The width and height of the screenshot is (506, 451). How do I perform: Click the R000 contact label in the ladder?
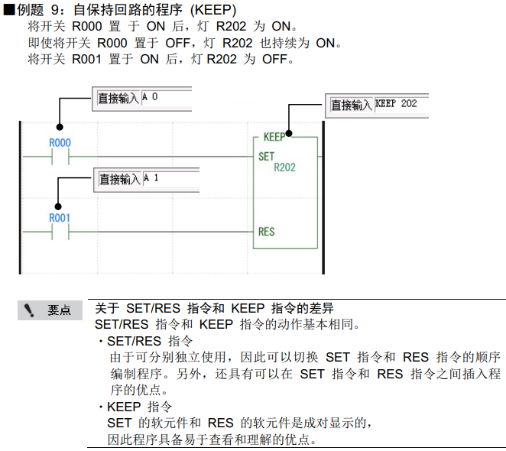coord(60,143)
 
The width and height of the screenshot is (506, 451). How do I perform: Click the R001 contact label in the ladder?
coord(60,218)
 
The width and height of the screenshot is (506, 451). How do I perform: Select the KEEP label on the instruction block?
coord(274,138)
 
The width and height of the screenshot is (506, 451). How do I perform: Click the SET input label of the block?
coord(266,156)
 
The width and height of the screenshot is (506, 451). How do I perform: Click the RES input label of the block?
coord(266,231)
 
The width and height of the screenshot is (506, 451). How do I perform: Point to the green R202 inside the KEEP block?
coord(284,167)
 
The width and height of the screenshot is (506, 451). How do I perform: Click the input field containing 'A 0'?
coord(166,98)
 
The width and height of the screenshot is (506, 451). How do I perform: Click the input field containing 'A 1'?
coord(169,179)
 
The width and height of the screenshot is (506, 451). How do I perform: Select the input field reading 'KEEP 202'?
coord(401,104)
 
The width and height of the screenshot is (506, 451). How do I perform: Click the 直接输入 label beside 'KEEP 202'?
coord(351,105)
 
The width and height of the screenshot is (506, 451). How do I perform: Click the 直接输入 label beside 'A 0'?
coord(118,99)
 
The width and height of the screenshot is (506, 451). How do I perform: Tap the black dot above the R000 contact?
coord(60,129)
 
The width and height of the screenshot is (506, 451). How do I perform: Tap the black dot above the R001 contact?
coord(60,205)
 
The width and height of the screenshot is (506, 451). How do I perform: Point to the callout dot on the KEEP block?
coord(288,131)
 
